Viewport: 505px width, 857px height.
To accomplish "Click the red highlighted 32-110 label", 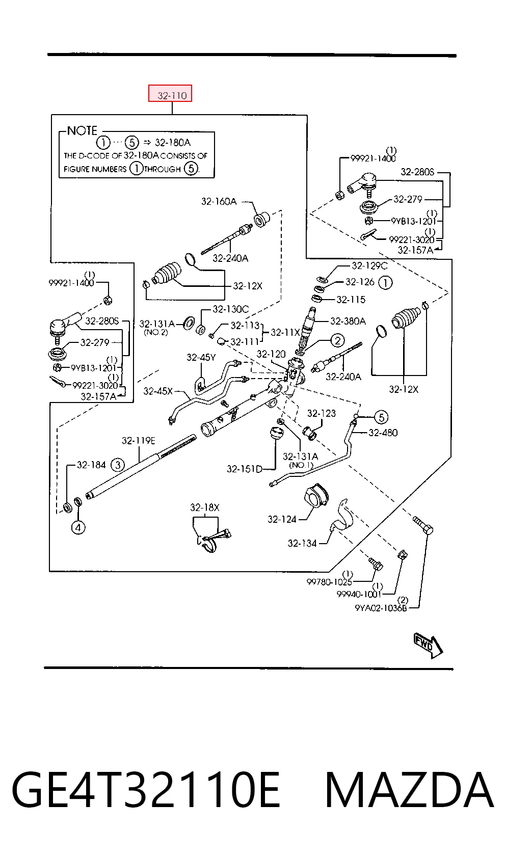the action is click(170, 93).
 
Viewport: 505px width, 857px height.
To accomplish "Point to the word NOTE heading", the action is click(82, 131).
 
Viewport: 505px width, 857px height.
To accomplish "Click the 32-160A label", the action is click(219, 201).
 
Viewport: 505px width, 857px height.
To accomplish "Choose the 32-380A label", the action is click(348, 321).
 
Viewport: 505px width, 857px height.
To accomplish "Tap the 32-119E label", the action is click(139, 441).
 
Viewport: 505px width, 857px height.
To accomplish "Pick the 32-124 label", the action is click(282, 519).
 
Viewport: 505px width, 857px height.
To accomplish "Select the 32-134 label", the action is click(302, 543).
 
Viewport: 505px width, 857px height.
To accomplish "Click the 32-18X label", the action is click(205, 507).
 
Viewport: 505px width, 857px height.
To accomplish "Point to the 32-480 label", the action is click(383, 433).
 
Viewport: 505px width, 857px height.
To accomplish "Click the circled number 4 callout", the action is click(78, 528).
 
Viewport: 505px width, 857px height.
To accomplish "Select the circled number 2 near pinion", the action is click(337, 340).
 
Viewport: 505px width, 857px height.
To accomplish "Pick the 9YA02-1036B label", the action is click(381, 608).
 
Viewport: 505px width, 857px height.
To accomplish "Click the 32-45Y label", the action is click(201, 357).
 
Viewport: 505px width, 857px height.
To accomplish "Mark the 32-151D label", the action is click(245, 469).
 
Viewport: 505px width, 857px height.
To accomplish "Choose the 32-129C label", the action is click(369, 265).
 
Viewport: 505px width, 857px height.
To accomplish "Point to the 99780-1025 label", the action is click(329, 582).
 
